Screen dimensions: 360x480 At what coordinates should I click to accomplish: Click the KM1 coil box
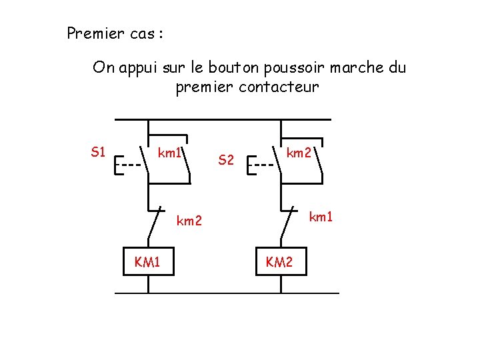tap(147, 262)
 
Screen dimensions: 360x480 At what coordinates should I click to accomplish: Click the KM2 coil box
tap(279, 262)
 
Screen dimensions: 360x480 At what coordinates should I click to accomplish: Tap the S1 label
tap(98, 152)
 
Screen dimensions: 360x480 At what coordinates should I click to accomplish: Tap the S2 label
tap(227, 160)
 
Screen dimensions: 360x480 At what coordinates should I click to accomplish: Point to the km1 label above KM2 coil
tap(321, 216)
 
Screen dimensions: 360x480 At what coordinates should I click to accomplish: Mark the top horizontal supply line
tap(223, 120)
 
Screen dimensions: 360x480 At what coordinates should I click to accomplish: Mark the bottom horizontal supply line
tap(227, 293)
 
